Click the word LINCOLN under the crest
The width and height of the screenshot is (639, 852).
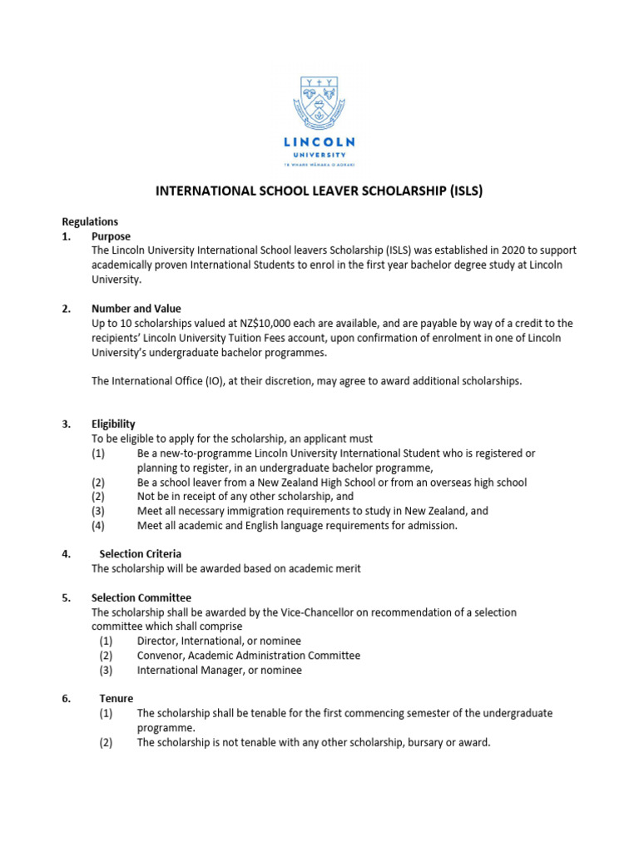pos(319,142)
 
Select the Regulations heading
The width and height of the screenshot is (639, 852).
pos(90,222)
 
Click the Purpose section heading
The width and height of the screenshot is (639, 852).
pos(111,236)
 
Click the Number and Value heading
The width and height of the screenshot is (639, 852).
pos(136,309)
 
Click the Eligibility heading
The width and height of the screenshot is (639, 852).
pos(113,424)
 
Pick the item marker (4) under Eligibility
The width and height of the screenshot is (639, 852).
pos(99,526)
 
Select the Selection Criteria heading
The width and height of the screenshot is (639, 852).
pos(140,554)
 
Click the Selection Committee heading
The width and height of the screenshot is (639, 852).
pos(141,597)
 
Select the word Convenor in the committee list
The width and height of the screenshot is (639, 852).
pos(161,656)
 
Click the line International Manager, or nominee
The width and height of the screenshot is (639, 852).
pos(219,670)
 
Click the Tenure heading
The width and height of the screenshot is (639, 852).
pos(111,699)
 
